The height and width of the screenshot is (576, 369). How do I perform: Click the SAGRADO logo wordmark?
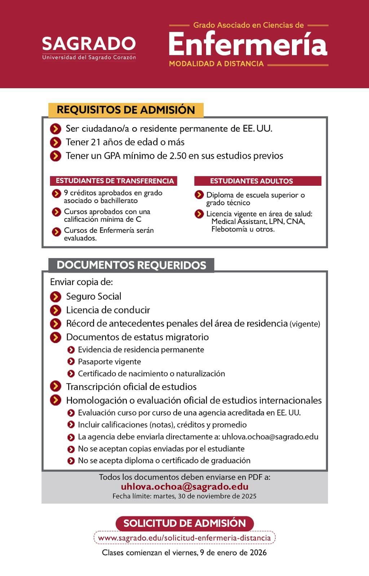point(89,44)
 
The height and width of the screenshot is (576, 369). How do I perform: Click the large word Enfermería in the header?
point(248,45)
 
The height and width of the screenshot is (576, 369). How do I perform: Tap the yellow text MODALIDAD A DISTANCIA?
point(216,64)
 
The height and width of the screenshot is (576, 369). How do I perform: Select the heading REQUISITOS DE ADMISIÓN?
point(126,110)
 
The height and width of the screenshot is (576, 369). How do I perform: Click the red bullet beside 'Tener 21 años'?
point(55,142)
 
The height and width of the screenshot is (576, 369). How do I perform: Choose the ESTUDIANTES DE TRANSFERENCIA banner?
point(115,181)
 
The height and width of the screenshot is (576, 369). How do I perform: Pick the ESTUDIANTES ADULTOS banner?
point(251,181)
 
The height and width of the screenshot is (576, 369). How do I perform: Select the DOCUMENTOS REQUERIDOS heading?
point(131,265)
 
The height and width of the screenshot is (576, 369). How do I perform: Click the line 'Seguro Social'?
point(94,296)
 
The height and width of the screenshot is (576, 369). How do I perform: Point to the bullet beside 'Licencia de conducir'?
point(55,310)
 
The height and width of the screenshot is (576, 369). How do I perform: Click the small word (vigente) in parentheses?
point(304,324)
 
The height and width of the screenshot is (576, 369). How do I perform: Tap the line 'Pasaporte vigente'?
point(109,361)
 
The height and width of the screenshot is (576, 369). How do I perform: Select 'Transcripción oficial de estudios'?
point(131,387)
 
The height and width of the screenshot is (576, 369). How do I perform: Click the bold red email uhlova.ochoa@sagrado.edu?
point(184,487)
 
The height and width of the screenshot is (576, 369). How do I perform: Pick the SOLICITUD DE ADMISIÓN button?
point(184,523)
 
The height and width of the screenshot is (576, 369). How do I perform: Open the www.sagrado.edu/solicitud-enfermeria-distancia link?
point(184,538)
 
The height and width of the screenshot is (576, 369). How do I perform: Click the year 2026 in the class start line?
point(258,553)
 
